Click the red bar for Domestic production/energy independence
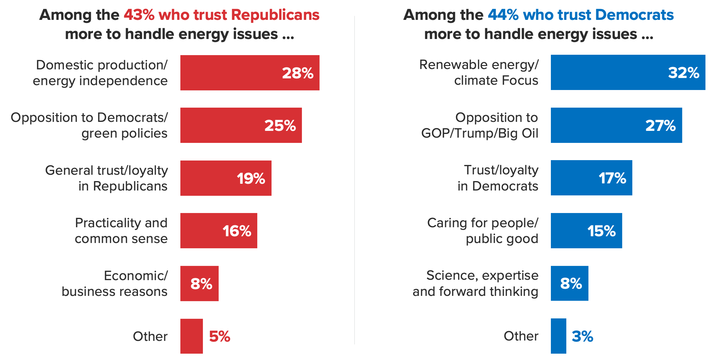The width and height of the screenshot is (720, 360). [x=249, y=73]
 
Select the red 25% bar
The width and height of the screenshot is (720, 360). [x=241, y=125]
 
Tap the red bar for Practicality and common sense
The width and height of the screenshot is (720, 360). [x=219, y=231]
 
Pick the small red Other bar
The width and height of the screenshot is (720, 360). [x=191, y=336]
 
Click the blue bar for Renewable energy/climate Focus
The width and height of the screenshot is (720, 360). [x=628, y=72]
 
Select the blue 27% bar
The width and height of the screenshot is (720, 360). [x=616, y=125]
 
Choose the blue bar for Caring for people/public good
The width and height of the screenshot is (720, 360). [x=586, y=231]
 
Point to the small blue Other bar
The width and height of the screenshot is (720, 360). [x=558, y=336]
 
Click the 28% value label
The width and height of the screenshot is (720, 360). [x=298, y=73]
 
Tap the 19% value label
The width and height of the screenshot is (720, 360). [x=251, y=178]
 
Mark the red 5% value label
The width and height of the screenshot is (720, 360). [x=220, y=336]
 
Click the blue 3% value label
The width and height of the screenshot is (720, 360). [x=582, y=336]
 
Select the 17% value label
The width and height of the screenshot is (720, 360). [x=612, y=178]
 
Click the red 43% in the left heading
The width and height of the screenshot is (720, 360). [x=139, y=15]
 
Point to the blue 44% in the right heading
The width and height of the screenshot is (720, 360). [x=503, y=15]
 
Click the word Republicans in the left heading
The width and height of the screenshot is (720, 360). [x=275, y=15]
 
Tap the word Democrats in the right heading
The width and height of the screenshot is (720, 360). [x=634, y=15]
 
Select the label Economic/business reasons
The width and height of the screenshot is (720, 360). [x=115, y=283]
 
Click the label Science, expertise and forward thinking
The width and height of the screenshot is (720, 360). [x=475, y=283]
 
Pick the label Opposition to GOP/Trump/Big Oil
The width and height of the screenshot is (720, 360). [x=480, y=125]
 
